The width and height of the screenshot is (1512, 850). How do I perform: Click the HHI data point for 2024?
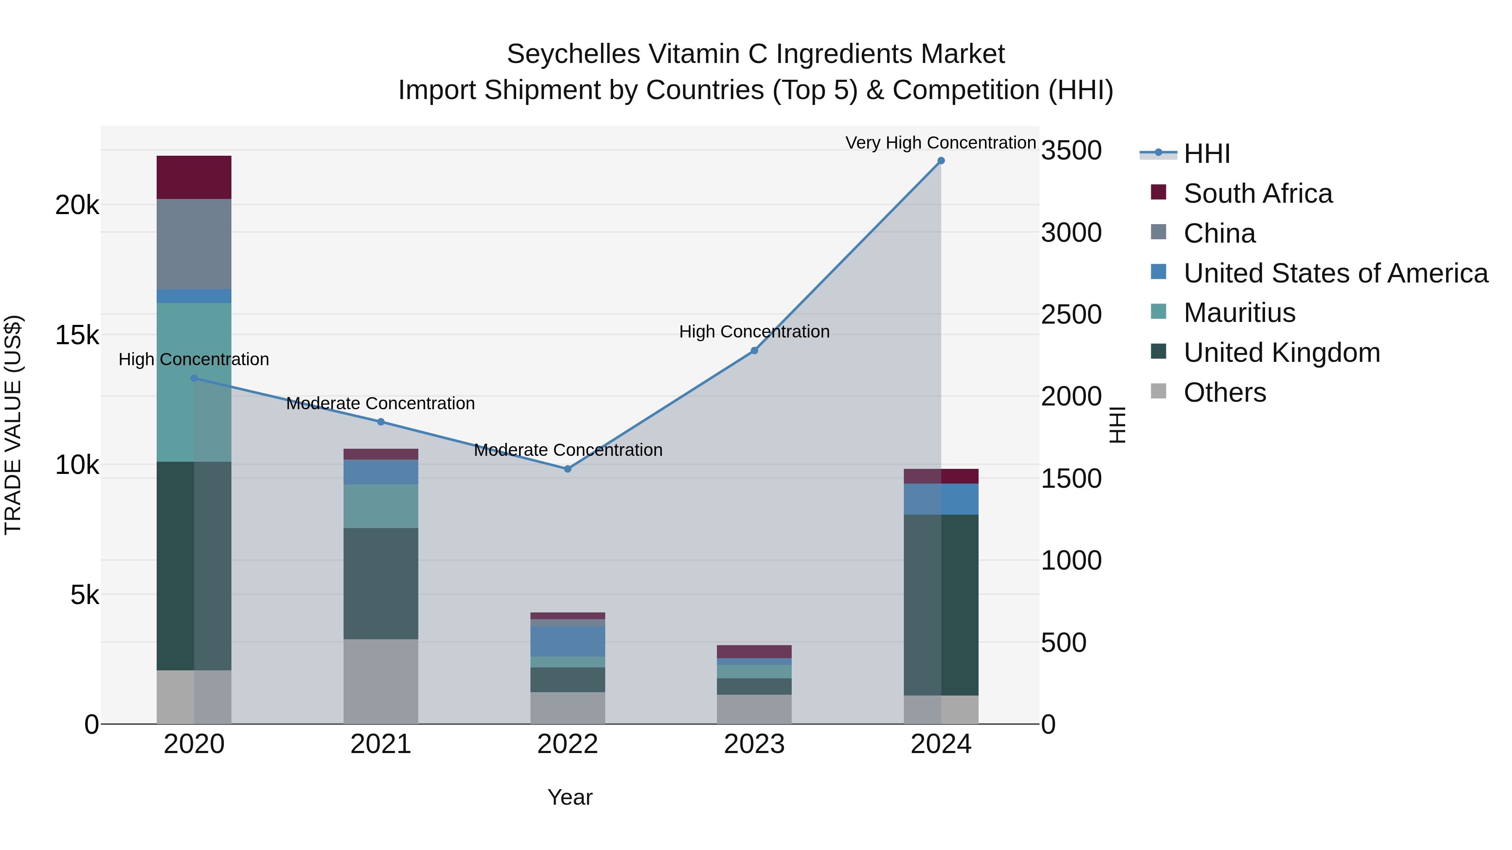point(941,161)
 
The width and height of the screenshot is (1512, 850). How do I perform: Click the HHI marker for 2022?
point(567,469)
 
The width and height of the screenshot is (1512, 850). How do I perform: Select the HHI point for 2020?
point(194,378)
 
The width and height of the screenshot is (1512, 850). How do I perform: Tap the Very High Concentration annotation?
point(940,143)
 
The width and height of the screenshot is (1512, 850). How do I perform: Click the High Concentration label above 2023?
point(754,332)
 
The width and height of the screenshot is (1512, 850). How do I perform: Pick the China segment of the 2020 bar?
point(194,243)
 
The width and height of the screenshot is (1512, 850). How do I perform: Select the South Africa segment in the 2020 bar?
point(194,177)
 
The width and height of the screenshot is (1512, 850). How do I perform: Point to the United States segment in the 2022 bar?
point(567,641)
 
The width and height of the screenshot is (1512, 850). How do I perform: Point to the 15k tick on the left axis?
point(77,335)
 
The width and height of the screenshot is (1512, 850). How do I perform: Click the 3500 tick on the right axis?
point(1071,151)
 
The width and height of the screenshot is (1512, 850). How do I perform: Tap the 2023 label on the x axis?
point(754,744)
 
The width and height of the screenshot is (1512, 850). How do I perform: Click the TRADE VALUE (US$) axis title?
point(13,425)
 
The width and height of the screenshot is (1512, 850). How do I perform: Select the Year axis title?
point(570,797)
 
